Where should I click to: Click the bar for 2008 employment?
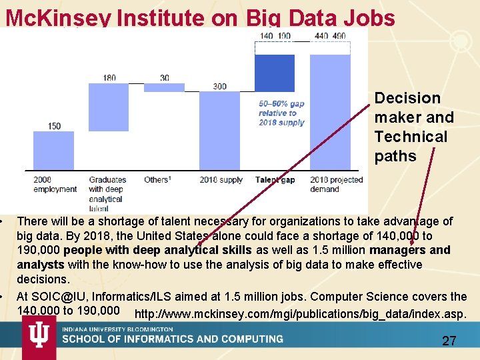coord(54,150)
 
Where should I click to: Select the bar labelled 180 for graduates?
coord(109,107)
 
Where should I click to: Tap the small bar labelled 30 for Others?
coord(164,87)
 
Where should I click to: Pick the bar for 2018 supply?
coord(219,130)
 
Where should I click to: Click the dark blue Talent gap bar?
coord(275,73)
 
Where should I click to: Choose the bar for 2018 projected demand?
coord(330,111)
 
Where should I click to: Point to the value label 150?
coord(54,126)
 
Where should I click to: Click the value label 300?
coord(219,87)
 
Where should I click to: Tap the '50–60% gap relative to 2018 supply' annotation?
coord(281,113)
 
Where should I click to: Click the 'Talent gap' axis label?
coord(275,180)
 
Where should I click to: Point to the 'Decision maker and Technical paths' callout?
coord(414,127)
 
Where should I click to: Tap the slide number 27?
coord(449,341)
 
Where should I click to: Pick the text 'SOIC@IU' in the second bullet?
coord(57,296)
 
